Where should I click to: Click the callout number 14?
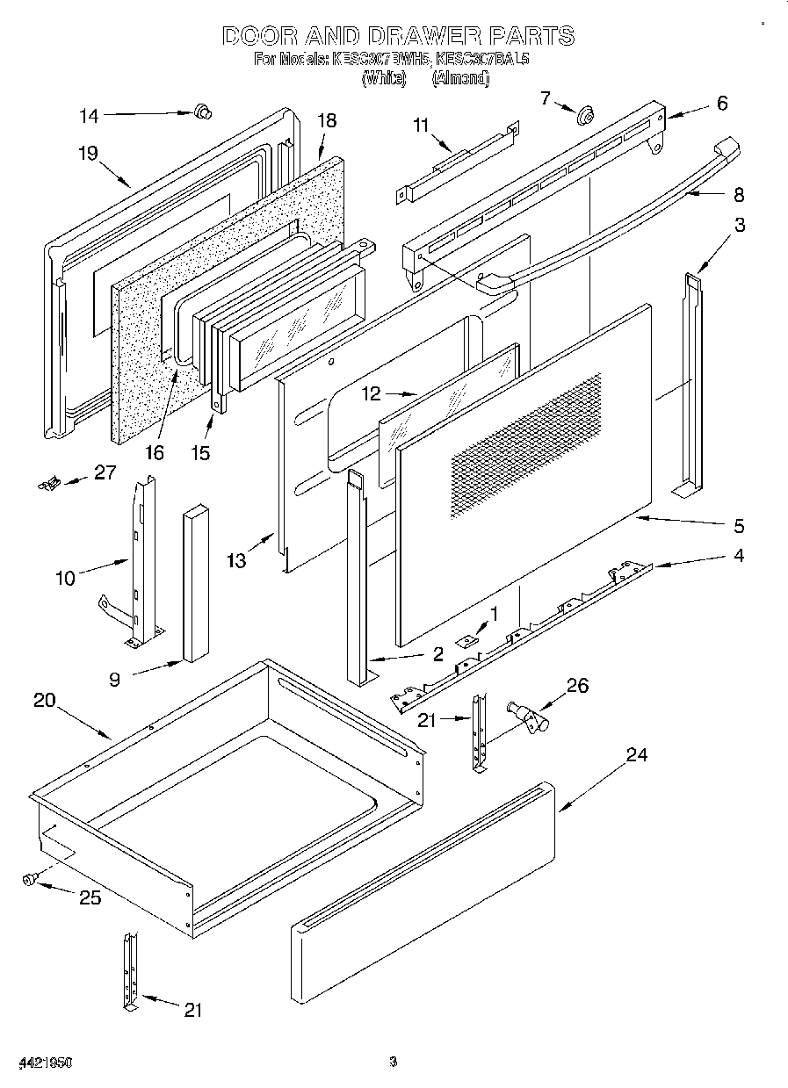click(x=90, y=115)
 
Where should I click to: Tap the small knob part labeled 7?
click(x=584, y=112)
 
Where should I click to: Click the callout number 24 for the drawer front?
click(x=636, y=755)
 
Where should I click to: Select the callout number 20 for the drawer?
click(x=45, y=700)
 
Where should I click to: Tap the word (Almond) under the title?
click(x=460, y=79)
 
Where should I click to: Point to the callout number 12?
click(x=372, y=393)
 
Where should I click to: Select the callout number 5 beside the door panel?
click(x=739, y=526)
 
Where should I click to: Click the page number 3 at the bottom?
click(x=394, y=1063)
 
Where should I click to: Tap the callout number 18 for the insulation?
click(x=327, y=121)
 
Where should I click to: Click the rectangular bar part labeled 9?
click(x=195, y=584)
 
